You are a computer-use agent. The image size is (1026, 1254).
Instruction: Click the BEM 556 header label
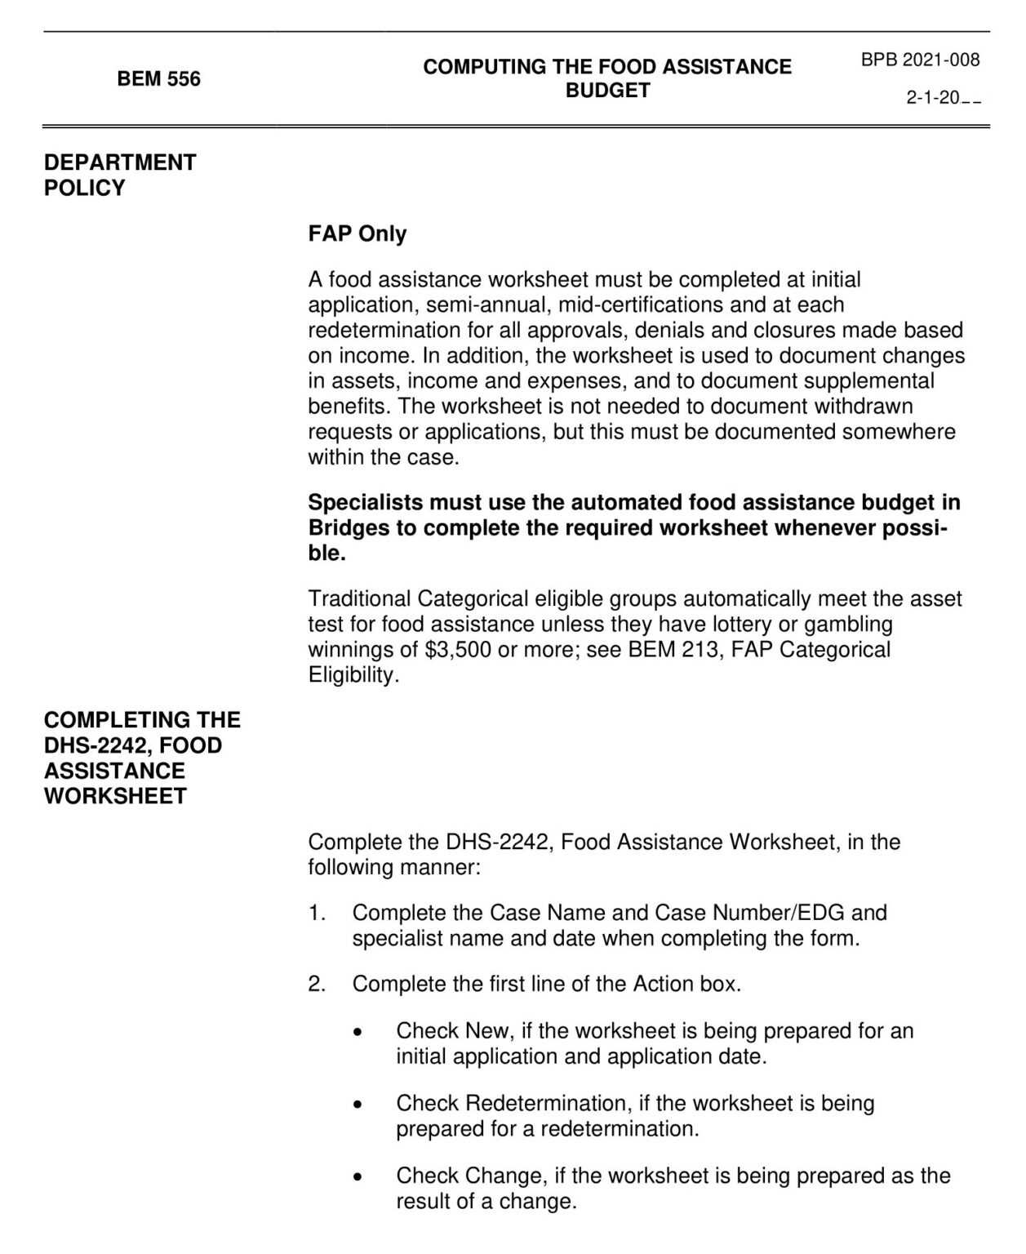coord(158,79)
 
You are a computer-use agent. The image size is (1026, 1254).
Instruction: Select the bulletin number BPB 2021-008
coord(920,60)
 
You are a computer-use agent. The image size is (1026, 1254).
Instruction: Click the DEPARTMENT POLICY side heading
coord(120,175)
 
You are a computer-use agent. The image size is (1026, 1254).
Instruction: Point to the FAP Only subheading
coord(357,233)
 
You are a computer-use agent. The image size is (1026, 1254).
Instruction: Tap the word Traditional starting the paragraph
coord(360,599)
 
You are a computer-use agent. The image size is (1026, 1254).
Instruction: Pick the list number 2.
coord(316,984)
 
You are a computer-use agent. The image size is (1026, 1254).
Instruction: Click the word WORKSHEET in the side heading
coord(115,796)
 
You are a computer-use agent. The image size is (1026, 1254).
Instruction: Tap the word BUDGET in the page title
coord(607,91)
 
